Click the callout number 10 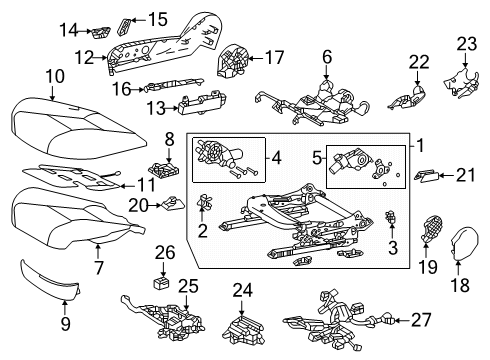[x=55, y=76]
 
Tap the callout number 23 [x=467, y=43]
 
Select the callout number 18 [x=461, y=286]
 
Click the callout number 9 [x=67, y=322]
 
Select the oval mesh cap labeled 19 [x=434, y=231]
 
